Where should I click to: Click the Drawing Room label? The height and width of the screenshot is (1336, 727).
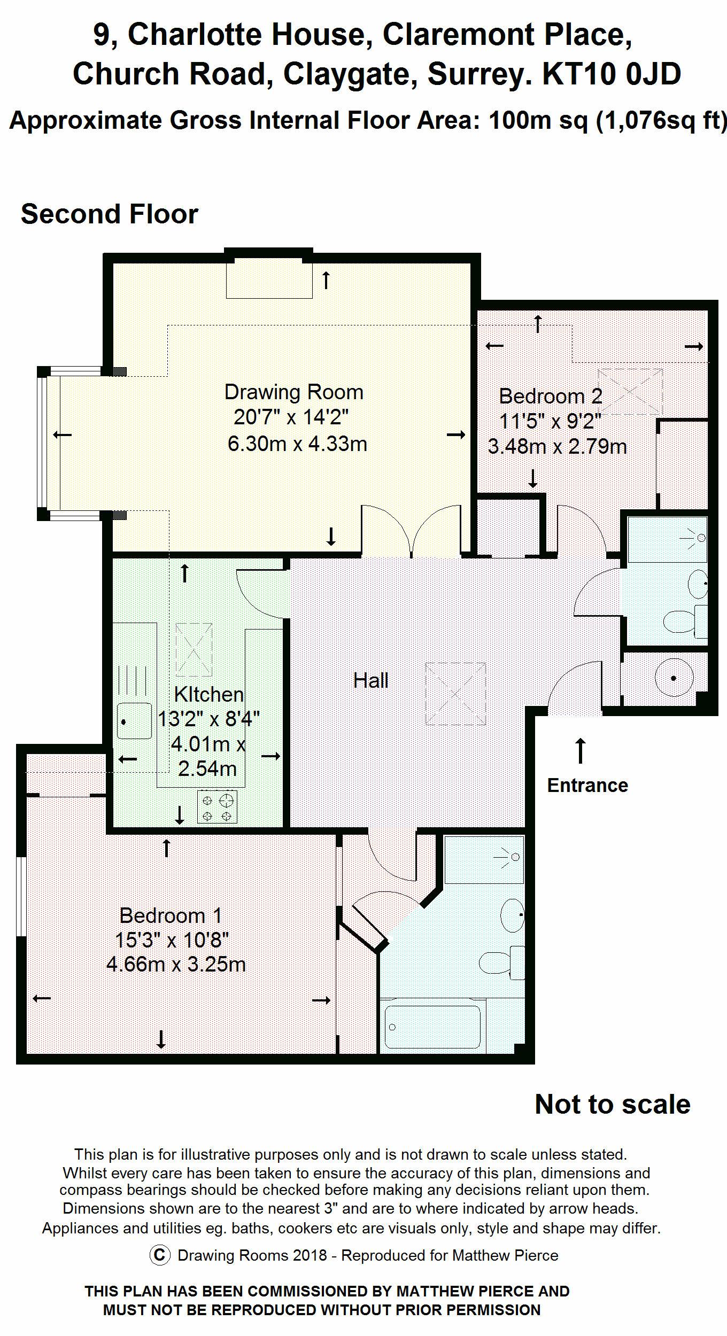293,392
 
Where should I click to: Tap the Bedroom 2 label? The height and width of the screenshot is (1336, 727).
551,396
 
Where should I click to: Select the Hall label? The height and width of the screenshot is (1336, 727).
371,680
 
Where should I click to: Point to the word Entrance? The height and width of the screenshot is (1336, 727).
587,785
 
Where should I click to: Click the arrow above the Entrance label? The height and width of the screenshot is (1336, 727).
580,750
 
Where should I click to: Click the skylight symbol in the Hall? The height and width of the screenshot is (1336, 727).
455,694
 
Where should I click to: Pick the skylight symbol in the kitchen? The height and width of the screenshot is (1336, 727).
194,650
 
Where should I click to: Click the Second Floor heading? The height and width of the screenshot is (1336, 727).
110,214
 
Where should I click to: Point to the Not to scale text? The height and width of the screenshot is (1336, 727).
613,1105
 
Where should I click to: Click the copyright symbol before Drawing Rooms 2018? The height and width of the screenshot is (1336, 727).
160,1255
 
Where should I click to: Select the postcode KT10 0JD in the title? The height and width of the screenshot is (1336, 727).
612,73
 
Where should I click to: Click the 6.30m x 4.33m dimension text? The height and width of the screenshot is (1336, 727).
297,444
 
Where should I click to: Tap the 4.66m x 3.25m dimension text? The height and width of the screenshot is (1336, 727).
176,965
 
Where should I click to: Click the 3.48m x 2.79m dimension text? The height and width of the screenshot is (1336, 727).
557,446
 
